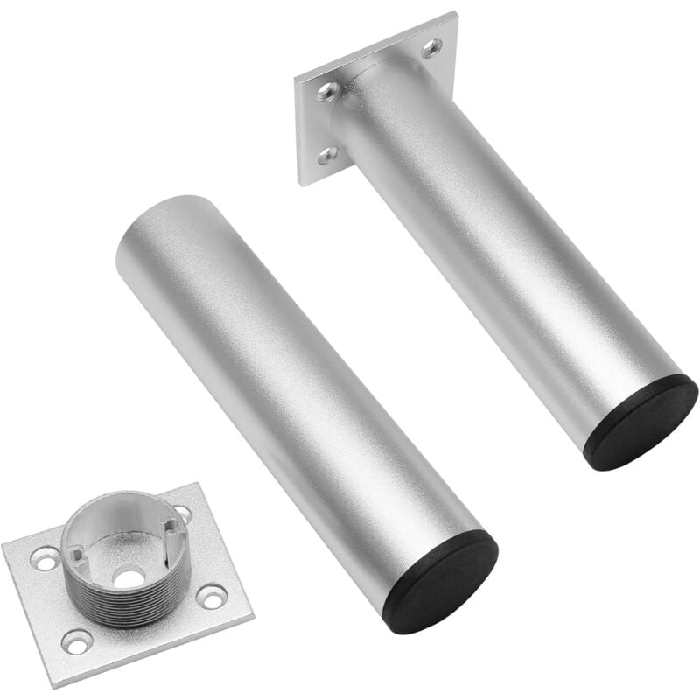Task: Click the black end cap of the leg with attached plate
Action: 640,423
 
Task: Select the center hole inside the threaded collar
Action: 129,578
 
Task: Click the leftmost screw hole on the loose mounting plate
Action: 45,558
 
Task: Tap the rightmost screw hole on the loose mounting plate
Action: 212,596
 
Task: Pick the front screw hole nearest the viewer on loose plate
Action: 78,642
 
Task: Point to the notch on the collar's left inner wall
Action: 77,553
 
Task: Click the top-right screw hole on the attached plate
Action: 431,47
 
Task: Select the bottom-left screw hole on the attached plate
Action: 326,156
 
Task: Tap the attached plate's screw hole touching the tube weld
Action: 328,91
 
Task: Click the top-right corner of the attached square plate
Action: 456,13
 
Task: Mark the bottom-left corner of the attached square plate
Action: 300,185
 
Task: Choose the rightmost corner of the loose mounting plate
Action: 254,616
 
